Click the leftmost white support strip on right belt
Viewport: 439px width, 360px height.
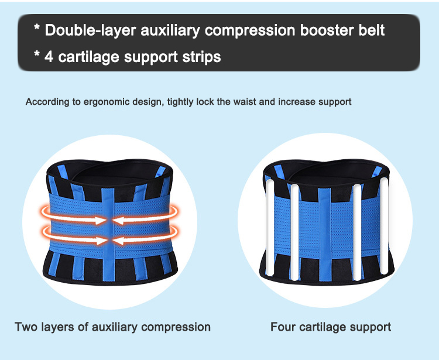(x=270, y=228)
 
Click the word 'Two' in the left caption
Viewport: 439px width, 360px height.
(x=26, y=327)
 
